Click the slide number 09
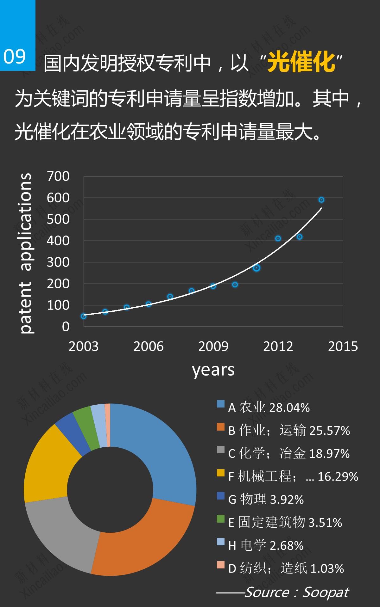pos(15,57)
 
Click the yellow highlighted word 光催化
pos(301,62)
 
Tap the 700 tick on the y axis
pos(58,176)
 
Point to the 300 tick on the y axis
pos(58,262)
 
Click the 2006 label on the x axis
pos(148,346)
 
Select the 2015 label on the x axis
pos(343,346)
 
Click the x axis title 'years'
pos(213,370)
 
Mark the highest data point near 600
pos(321,200)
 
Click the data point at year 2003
pos(84,316)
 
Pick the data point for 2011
pos(256,268)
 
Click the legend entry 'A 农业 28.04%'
pos(269,408)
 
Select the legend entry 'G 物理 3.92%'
pos(266,500)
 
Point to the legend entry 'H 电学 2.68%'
pos(266,545)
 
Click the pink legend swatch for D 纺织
pos(220,565)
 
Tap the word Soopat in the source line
pos(326,592)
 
